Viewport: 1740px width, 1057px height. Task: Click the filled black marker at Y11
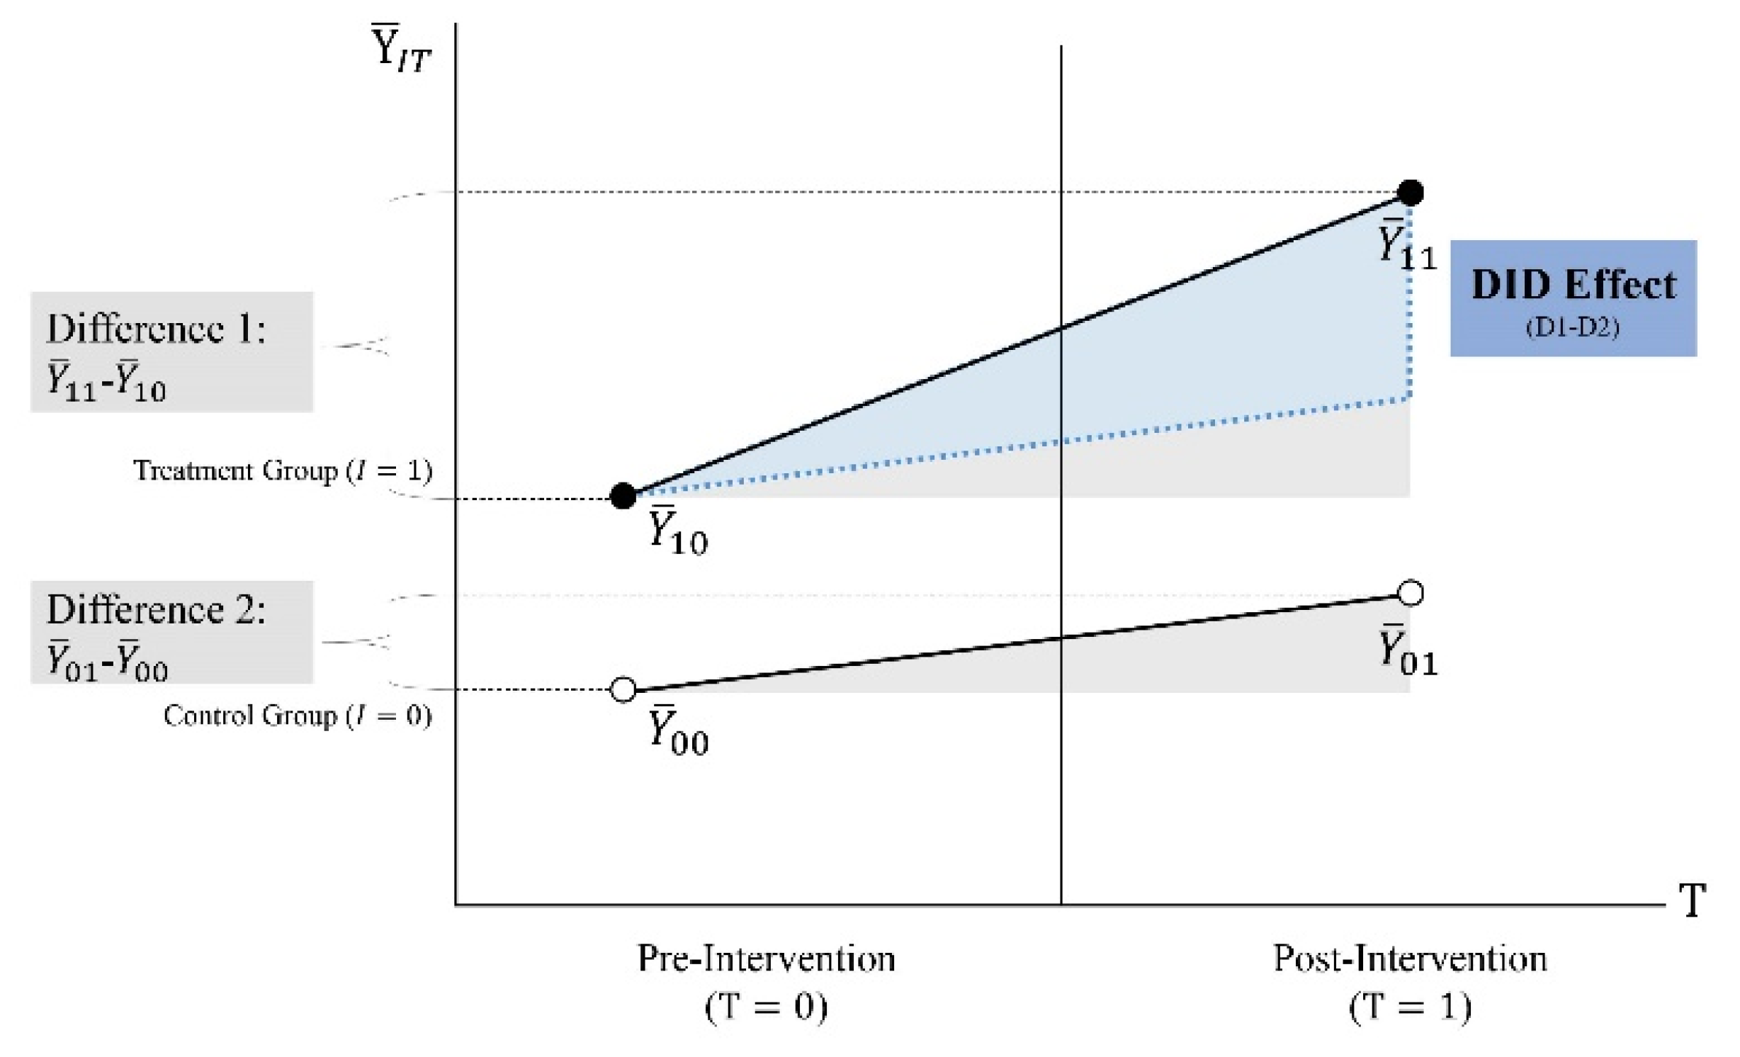1410,192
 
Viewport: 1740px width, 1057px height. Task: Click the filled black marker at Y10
623,496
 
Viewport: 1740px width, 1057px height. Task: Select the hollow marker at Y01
1411,593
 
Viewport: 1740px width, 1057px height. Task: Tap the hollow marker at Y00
623,689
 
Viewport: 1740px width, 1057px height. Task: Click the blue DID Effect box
1573,298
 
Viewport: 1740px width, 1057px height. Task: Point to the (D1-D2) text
1572,327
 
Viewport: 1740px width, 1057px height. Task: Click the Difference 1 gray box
171,352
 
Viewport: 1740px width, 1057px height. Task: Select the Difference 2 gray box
171,632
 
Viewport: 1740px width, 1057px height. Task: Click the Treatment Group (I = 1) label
283,470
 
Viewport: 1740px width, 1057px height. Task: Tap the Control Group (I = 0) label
298,716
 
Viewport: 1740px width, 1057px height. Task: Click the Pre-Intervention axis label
766,959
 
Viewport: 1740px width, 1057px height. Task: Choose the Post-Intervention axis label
1410,959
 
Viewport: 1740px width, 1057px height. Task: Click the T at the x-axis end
1693,901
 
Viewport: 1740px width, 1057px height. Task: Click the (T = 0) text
766,1006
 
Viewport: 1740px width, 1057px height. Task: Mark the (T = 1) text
1410,1006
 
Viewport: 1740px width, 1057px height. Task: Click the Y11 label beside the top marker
1406,244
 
